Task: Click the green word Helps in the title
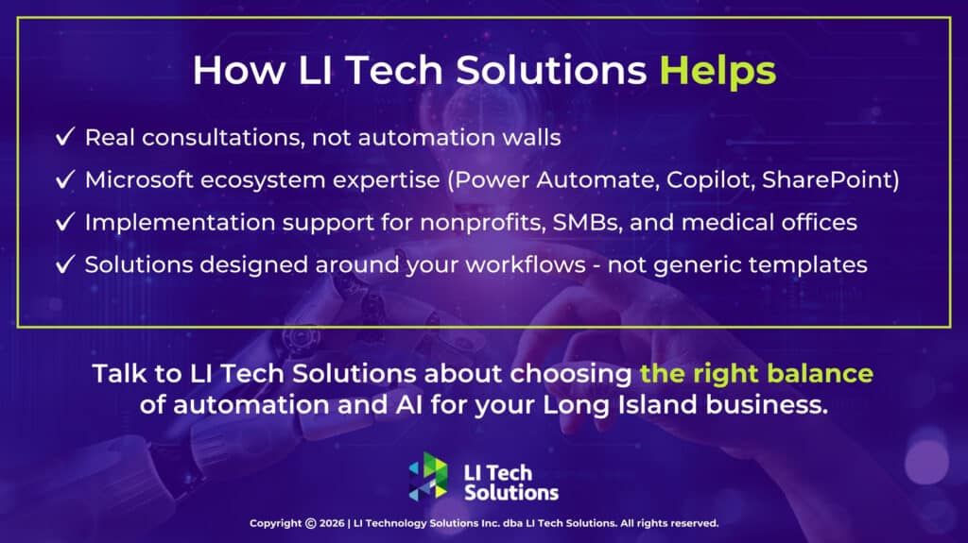click(717, 72)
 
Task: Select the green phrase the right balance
click(756, 373)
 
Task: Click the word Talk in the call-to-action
click(118, 373)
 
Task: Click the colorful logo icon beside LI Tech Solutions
click(428, 478)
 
